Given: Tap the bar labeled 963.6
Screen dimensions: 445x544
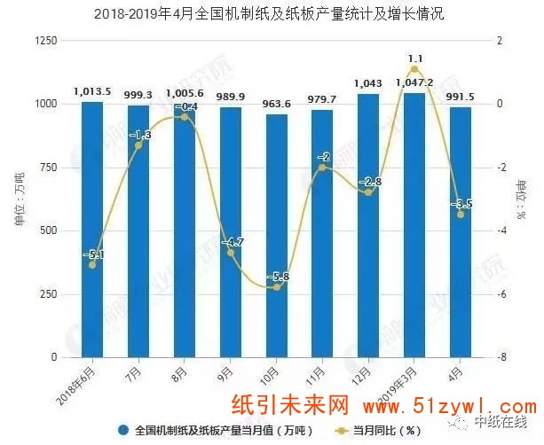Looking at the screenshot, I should coord(276,235).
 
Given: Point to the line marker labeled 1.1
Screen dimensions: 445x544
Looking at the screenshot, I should coord(414,69).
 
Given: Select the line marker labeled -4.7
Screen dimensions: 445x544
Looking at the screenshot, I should coord(231,253).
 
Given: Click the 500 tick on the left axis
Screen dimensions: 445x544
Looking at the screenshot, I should coord(48,230).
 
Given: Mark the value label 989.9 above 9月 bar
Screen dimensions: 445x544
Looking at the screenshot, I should coord(230,97).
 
